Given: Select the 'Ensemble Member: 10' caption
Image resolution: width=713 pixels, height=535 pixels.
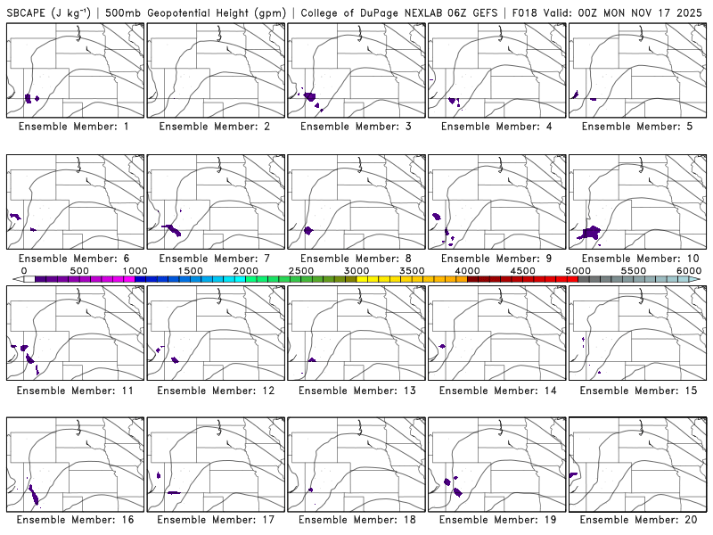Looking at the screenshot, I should pos(638,259).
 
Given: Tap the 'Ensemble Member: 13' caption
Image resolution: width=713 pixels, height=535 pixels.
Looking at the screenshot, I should pos(356,391).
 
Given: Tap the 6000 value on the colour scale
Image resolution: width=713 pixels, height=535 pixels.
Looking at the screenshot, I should pos(689,270).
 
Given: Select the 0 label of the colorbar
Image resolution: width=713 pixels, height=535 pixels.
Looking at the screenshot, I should pos(24,270).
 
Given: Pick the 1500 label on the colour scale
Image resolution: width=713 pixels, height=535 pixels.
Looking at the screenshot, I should pos(190,270).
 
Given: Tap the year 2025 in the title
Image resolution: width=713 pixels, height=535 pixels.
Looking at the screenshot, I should pos(693,12).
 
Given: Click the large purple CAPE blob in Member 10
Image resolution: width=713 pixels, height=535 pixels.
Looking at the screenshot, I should pos(590,233).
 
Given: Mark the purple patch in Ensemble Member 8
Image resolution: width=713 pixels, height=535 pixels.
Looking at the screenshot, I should pos(308,231).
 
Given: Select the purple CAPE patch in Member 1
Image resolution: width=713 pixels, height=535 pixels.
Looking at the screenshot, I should pos(29,98).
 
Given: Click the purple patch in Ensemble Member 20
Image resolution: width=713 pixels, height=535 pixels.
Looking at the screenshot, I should pos(574,474).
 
